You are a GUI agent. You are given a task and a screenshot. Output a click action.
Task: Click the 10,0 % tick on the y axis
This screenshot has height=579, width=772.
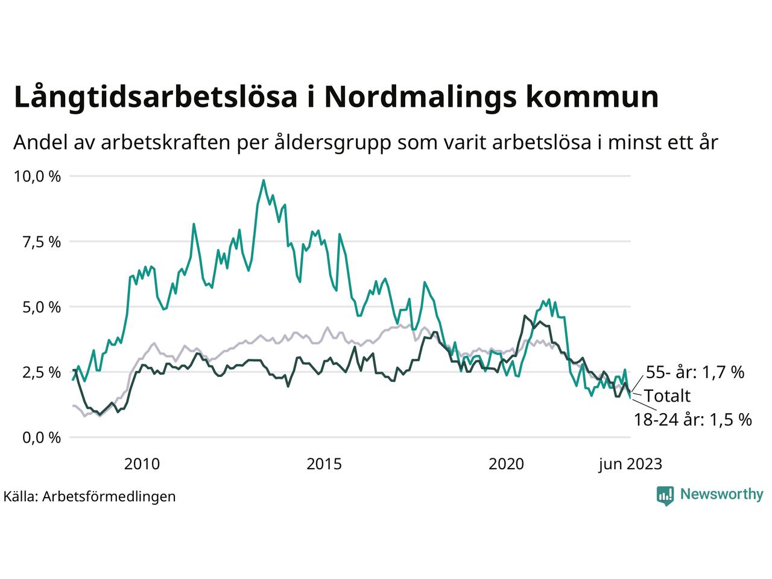pos(37,177)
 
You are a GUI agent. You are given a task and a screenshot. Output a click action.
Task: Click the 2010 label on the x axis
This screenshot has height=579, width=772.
pos(142,464)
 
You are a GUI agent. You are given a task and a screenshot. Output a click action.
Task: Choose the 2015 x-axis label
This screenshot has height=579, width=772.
pos(324,464)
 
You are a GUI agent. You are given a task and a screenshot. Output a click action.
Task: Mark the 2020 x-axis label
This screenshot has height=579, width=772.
pos(507,464)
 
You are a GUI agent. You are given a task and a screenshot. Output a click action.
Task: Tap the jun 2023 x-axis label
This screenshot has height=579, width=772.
pos(630,464)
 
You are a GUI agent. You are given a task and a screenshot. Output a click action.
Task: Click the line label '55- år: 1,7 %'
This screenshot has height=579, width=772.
pos(695,372)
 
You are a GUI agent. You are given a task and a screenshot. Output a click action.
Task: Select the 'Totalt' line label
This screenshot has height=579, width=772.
pos(667,396)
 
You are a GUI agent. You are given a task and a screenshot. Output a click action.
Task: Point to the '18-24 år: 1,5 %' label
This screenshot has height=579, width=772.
pos(692,420)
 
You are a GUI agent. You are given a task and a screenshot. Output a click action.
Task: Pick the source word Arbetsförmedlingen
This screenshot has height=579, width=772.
pos(109,496)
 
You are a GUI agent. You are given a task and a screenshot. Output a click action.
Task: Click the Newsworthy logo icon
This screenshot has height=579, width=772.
pos(665,495)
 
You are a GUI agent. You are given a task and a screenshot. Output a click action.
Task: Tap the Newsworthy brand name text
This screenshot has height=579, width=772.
pos(721,495)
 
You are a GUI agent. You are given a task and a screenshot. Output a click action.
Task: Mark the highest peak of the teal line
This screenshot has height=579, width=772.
pos(263,180)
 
